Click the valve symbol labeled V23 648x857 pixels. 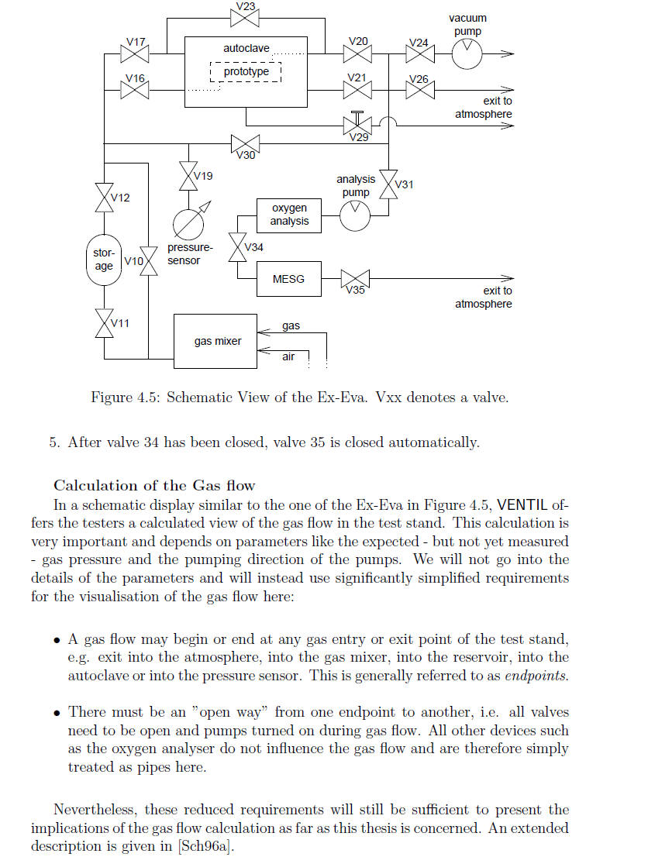[244, 19]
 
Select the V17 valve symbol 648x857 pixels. [135, 53]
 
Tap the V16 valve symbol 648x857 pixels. [135, 90]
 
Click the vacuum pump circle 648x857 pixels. [467, 53]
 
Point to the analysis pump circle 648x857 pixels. [355, 216]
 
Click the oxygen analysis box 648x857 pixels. [288, 216]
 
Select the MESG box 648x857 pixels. [288, 279]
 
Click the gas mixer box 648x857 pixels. [215, 341]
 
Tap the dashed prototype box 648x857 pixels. [246, 71]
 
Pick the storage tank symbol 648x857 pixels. [104, 260]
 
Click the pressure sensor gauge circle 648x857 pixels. [188, 224]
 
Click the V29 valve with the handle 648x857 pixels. [357, 123]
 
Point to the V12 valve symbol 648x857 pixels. [104, 198]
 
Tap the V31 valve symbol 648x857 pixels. [388, 184]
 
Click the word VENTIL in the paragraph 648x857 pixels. [522, 504]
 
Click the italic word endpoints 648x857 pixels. [536, 676]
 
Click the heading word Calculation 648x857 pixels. [96, 485]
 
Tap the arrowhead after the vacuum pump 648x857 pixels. [508, 53]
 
